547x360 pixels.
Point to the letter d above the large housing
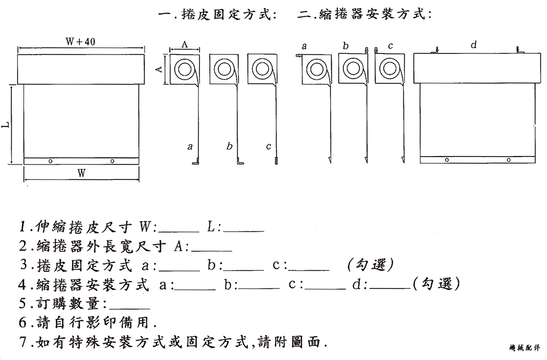tap(473, 45)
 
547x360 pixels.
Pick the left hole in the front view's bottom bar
tap(49, 161)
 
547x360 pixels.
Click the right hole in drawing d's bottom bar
tap(509, 159)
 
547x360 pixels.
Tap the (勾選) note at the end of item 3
tap(370, 265)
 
